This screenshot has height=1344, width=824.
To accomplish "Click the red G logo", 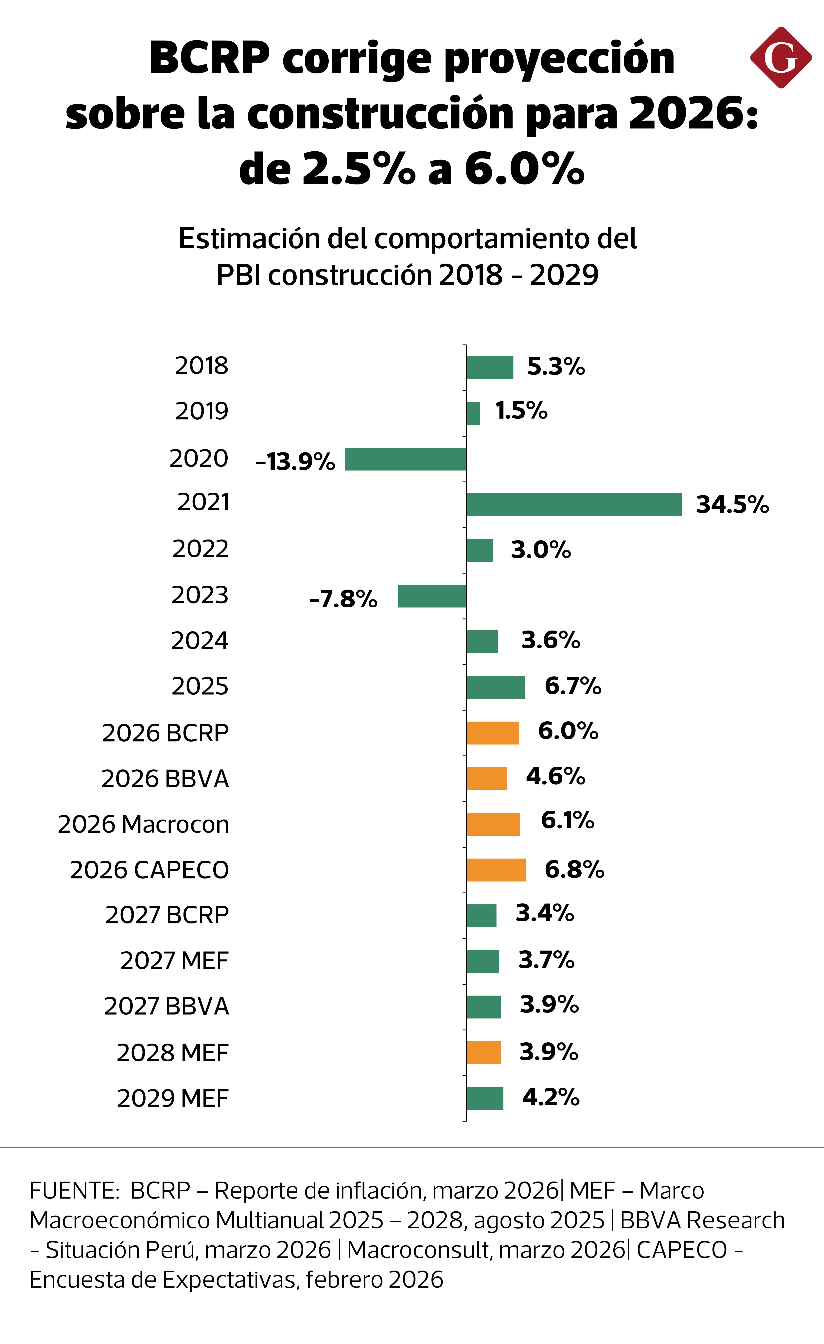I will (780, 57).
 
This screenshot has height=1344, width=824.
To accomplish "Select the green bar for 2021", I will (574, 504).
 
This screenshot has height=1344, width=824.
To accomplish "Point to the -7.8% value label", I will (343, 599).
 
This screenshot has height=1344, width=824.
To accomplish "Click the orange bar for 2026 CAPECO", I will (496, 870).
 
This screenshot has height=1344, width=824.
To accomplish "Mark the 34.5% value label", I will (732, 504).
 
